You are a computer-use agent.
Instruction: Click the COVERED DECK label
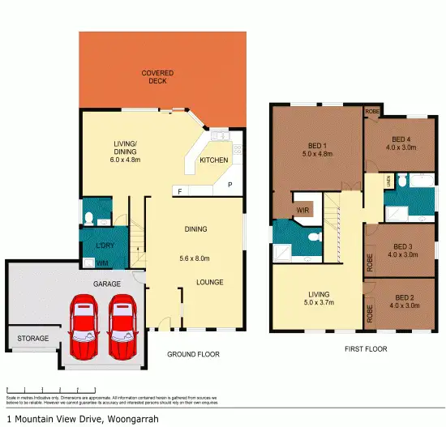point(157,78)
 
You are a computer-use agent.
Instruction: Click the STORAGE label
point(33,338)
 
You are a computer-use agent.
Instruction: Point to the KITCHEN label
point(213,160)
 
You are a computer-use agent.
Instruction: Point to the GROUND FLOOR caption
point(193,354)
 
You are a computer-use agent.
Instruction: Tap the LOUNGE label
point(208,282)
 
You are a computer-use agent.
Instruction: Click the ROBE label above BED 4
point(372,111)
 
